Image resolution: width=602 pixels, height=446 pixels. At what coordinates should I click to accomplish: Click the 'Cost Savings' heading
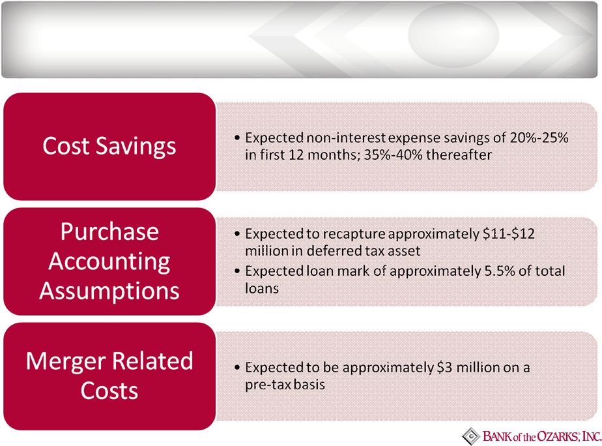109,146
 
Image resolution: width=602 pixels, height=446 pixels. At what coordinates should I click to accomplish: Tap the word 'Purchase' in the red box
109,231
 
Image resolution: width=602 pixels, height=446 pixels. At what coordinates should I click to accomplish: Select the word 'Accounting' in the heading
109,262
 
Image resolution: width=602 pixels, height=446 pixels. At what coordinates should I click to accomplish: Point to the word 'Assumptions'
109,291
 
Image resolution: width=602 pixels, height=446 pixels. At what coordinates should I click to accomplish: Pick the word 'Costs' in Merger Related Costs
109,391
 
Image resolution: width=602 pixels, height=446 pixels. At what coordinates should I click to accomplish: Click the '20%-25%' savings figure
539,138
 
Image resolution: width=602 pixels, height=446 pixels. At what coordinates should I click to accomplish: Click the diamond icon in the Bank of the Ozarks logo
470,436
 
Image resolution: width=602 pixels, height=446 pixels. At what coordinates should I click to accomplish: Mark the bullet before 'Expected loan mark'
237,271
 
